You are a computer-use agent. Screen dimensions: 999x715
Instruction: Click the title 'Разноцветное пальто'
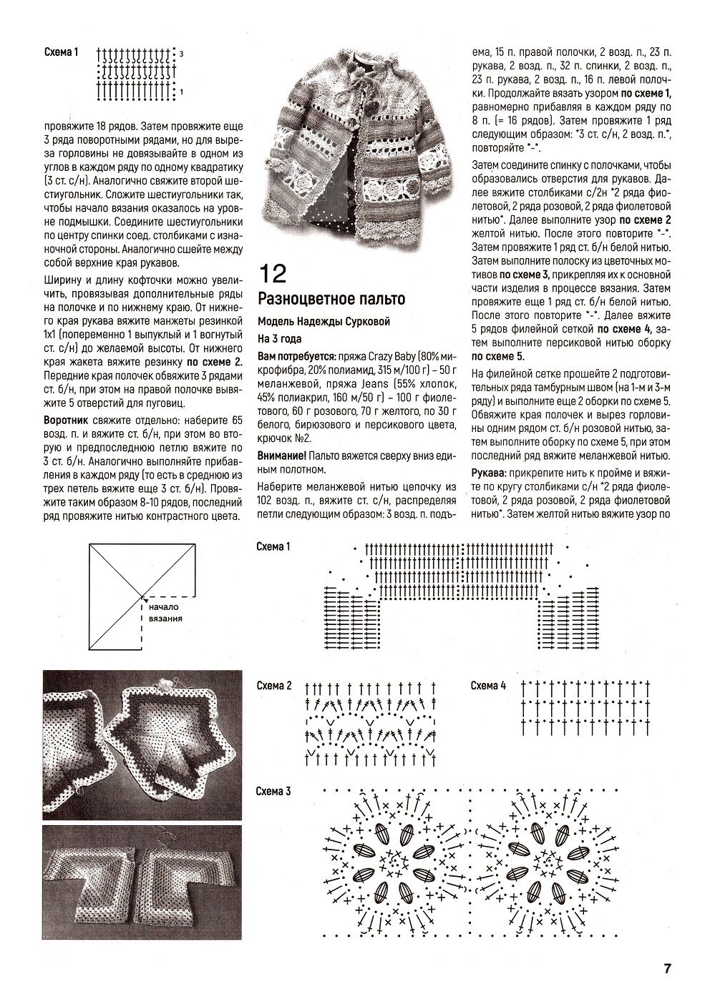click(331, 299)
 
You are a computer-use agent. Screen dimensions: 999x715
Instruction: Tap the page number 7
click(666, 969)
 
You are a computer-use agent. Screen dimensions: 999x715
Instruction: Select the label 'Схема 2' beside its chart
click(274, 686)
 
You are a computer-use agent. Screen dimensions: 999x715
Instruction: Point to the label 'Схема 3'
click(274, 791)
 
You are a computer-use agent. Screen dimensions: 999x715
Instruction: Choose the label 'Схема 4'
click(488, 686)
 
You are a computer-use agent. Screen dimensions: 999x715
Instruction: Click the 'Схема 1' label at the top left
click(61, 52)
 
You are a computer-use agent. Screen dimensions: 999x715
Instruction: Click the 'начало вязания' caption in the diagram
click(166, 613)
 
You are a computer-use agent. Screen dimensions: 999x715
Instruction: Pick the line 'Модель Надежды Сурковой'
click(324, 320)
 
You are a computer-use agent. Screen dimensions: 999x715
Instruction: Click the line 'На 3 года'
click(280, 338)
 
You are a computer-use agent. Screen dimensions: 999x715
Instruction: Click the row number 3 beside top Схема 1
click(182, 54)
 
